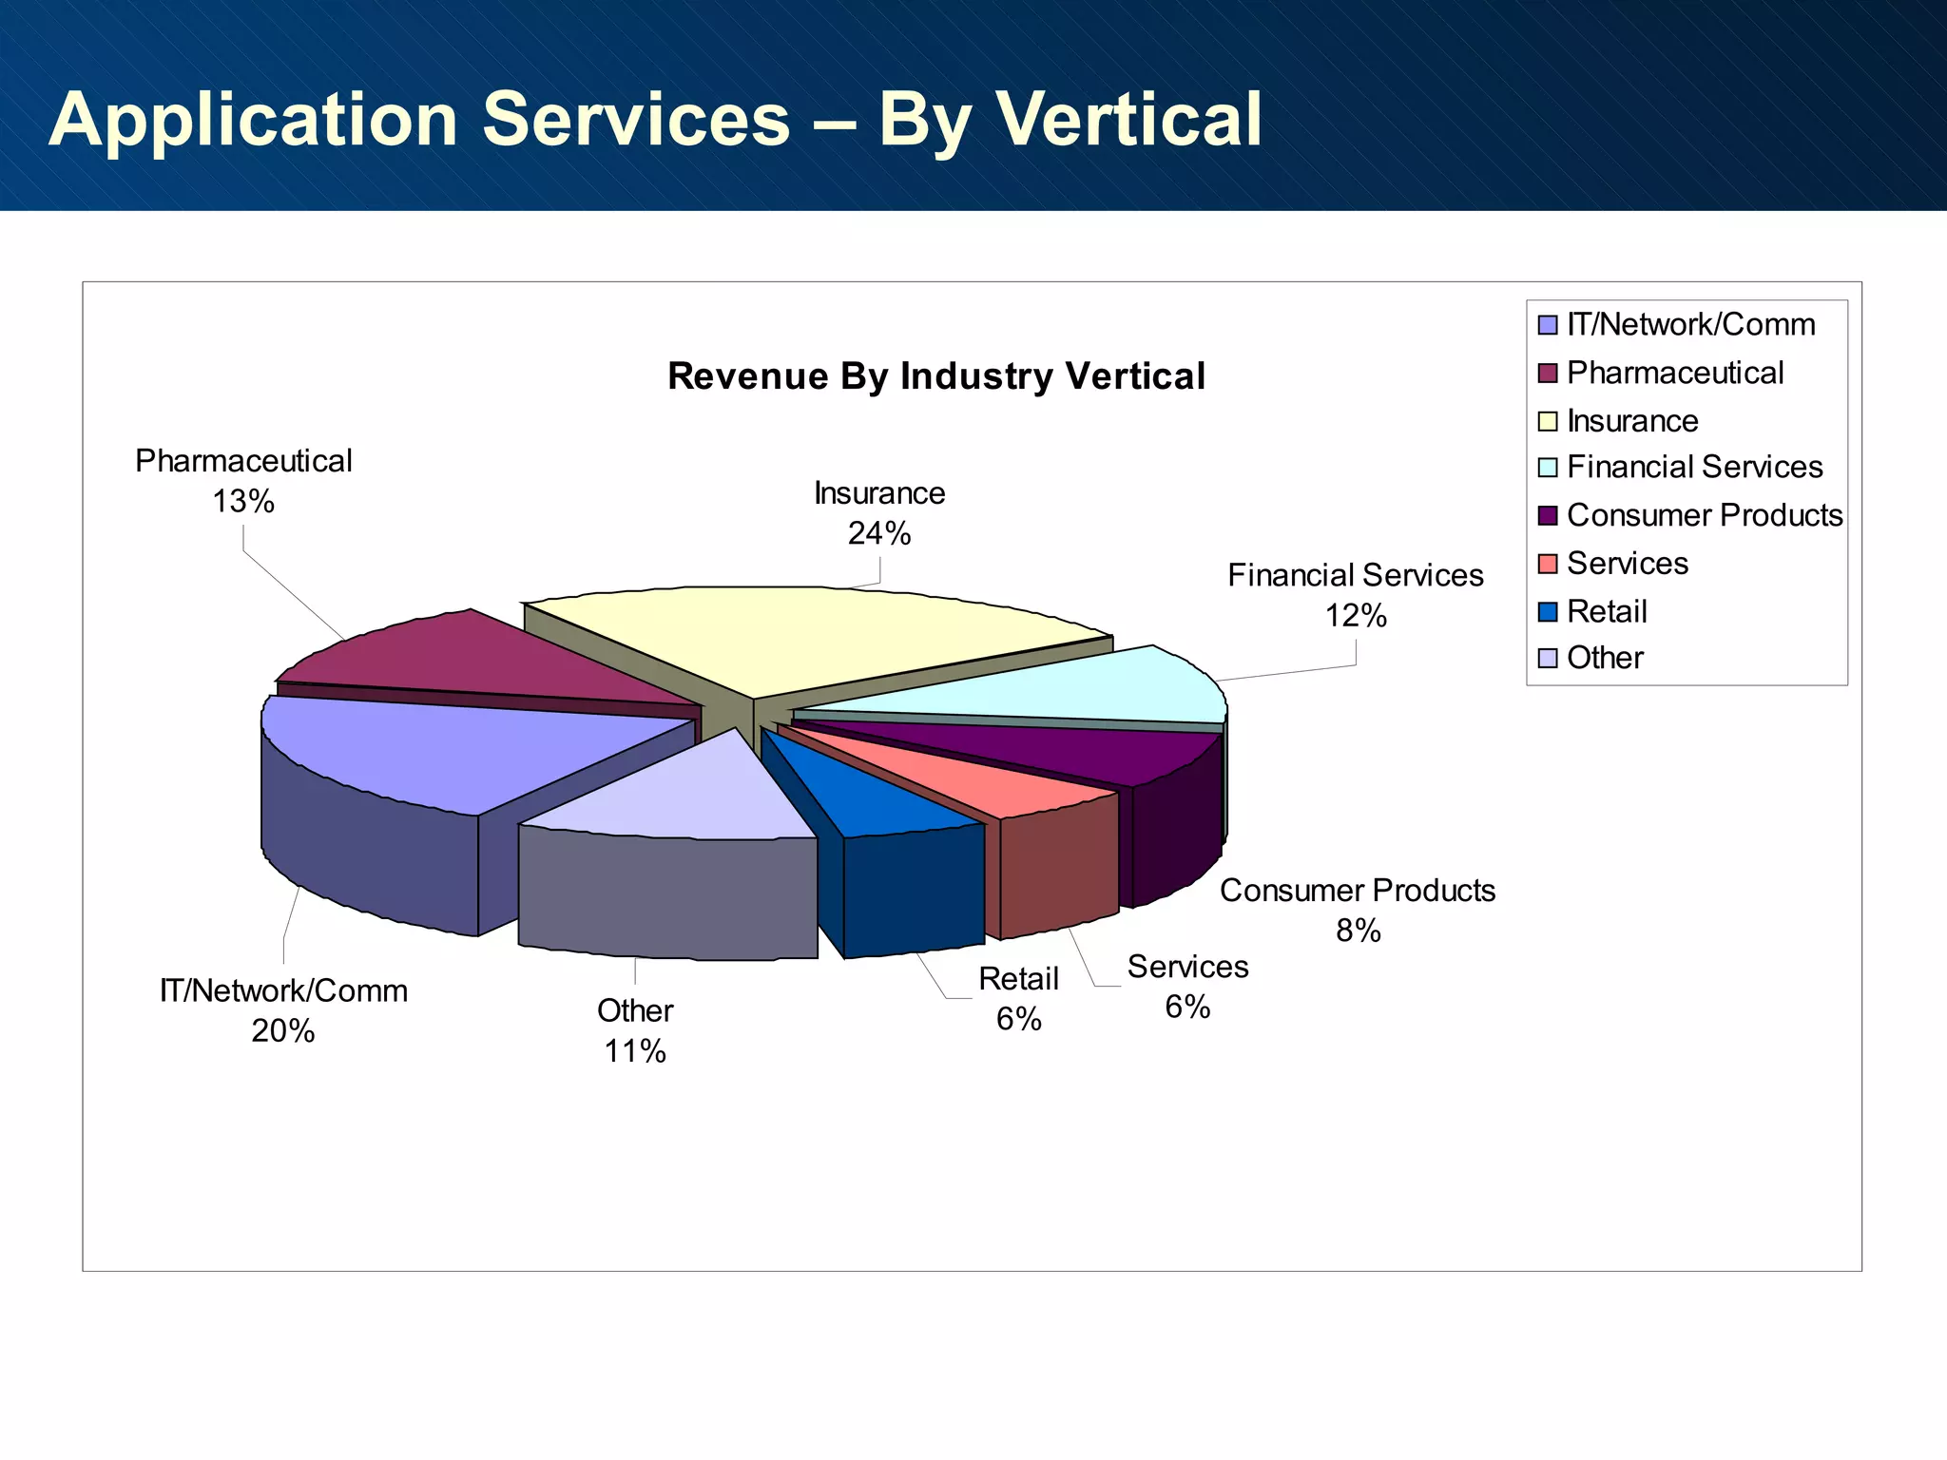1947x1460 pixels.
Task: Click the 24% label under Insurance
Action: (x=879, y=534)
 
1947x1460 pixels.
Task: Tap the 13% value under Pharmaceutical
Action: (x=243, y=502)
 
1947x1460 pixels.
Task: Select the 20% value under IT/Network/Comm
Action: (x=282, y=1031)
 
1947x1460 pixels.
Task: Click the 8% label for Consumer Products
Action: (x=1358, y=931)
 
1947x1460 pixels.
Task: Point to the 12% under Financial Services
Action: (x=1356, y=616)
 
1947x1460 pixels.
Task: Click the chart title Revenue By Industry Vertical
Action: (x=936, y=376)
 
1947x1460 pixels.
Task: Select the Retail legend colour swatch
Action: (x=1548, y=612)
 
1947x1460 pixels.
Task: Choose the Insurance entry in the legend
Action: (x=1631, y=420)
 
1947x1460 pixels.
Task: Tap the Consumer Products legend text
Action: (x=1704, y=515)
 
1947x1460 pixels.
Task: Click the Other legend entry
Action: (x=1605, y=658)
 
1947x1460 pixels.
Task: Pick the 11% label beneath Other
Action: (x=635, y=1051)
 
